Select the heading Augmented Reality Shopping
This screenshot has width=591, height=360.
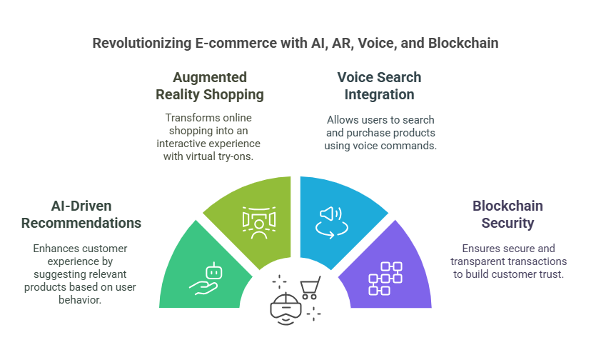click(210, 86)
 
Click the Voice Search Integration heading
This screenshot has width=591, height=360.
click(379, 86)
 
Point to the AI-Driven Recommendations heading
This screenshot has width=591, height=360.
click(81, 214)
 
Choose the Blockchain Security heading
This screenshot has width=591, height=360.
click(507, 214)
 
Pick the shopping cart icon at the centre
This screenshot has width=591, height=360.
click(309, 288)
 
